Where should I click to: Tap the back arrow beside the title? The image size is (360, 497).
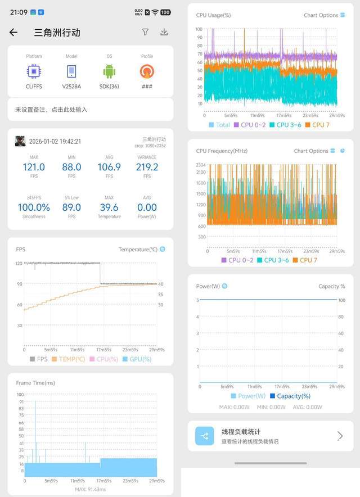pos(13,33)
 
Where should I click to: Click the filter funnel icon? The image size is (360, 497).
pos(145,33)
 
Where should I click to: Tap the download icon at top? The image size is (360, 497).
pos(164,33)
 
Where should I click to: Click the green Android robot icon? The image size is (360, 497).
pos(109,71)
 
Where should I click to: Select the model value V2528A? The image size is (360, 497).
pos(71,87)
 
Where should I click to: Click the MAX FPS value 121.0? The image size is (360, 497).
pos(34,167)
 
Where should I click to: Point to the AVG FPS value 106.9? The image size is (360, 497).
pos(109,167)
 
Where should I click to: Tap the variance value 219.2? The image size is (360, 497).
pos(147,167)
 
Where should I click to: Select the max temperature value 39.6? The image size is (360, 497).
pos(109,207)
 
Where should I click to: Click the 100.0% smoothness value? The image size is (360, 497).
pos(34,207)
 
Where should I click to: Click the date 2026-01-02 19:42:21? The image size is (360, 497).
pos(55,142)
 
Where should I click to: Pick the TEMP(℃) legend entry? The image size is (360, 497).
pos(68,359)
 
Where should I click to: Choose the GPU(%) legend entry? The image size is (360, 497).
pos(137,359)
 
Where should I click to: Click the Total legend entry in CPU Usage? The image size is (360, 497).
pos(219,125)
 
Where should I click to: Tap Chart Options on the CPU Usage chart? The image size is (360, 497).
pos(321,15)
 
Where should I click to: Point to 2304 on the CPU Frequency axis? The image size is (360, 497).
pos(200,165)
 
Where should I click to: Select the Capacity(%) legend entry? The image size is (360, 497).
pos(289,396)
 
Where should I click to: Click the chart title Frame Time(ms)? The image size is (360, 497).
pos(35,383)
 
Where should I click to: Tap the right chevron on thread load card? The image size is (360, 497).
pos(340,436)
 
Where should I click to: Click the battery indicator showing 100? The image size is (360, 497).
pos(165,12)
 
